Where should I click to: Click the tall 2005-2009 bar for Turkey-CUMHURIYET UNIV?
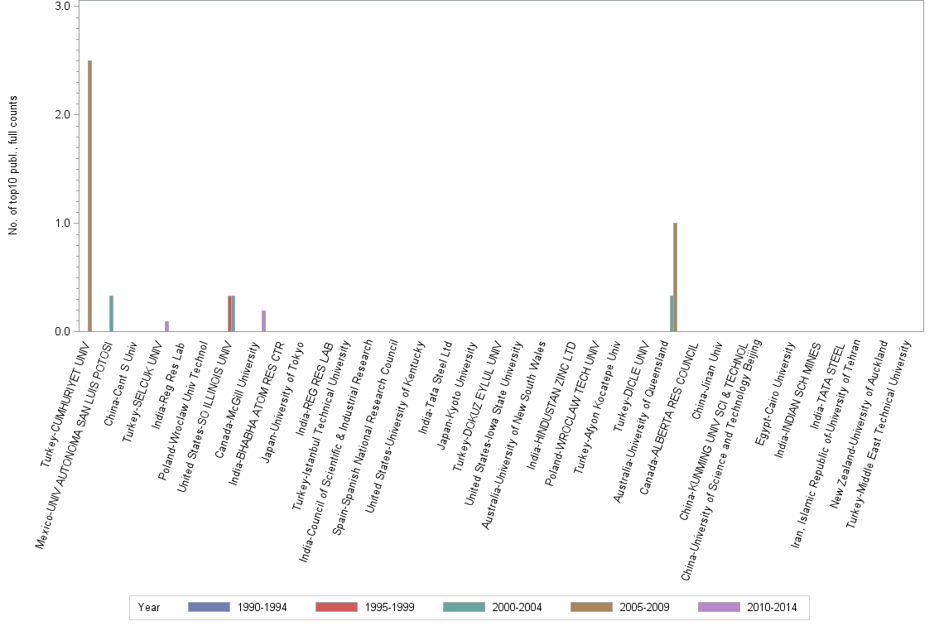coord(89,195)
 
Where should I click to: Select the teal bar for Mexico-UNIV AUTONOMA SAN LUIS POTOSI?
coord(111,314)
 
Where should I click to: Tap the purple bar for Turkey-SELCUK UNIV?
coord(166,326)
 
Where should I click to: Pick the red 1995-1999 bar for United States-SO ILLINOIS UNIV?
coord(229,314)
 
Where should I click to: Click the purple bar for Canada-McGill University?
coord(263,321)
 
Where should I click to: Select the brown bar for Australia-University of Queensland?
coord(676,277)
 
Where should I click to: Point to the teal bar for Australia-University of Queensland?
coord(672,314)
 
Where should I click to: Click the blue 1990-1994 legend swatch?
coord(209,607)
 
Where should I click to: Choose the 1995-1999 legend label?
coord(389,608)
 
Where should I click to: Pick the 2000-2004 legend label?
coord(517,608)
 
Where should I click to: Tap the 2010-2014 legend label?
coord(772,608)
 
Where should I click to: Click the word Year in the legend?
coord(149,608)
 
